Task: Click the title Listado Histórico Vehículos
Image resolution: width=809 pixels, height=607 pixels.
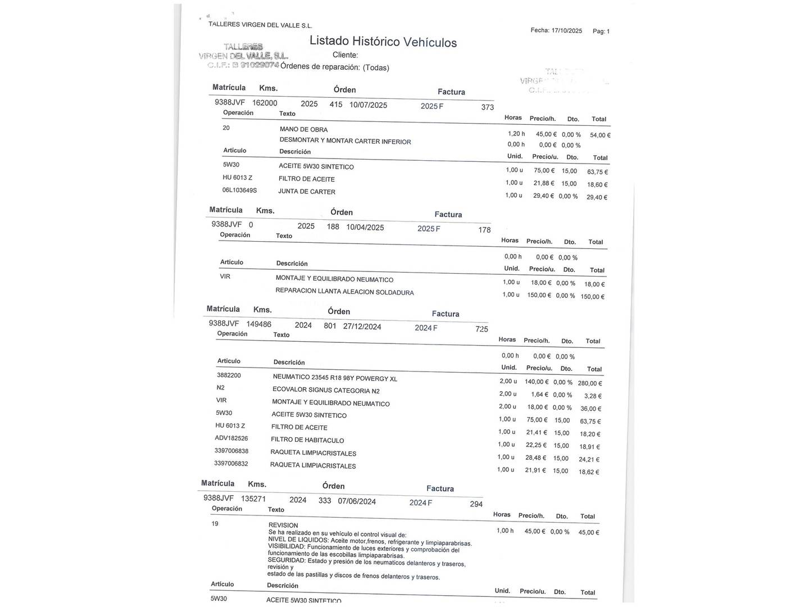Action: [383, 42]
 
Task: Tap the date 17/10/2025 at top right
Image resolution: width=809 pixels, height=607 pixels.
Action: [567, 31]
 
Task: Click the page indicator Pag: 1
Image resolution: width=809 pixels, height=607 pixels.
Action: [601, 31]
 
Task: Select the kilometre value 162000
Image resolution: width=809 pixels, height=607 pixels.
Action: [265, 103]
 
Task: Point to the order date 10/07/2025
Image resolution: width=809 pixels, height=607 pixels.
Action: [368, 105]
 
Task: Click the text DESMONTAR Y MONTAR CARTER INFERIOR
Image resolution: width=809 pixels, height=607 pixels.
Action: [345, 141]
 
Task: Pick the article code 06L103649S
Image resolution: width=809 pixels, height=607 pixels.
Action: [239, 191]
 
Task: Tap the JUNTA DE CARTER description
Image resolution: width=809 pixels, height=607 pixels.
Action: [307, 192]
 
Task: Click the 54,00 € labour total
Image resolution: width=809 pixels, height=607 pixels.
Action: [600, 135]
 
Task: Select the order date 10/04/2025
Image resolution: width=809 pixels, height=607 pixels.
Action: [365, 228]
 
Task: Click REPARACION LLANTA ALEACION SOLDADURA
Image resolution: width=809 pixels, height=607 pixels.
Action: [344, 292]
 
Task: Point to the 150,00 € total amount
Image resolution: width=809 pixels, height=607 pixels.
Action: [592, 297]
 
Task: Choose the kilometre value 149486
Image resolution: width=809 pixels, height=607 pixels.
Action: [258, 324]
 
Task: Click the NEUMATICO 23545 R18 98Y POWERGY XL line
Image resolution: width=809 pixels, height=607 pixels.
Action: [335, 378]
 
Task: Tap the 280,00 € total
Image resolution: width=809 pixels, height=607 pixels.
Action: [590, 383]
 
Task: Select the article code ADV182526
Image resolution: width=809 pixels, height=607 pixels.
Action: [231, 438]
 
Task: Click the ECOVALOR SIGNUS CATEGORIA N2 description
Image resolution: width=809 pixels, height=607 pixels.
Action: [326, 390]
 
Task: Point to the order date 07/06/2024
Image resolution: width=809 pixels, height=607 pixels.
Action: [357, 501]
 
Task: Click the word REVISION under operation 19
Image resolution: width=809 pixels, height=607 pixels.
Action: [283, 525]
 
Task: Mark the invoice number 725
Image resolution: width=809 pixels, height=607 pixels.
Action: [481, 329]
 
